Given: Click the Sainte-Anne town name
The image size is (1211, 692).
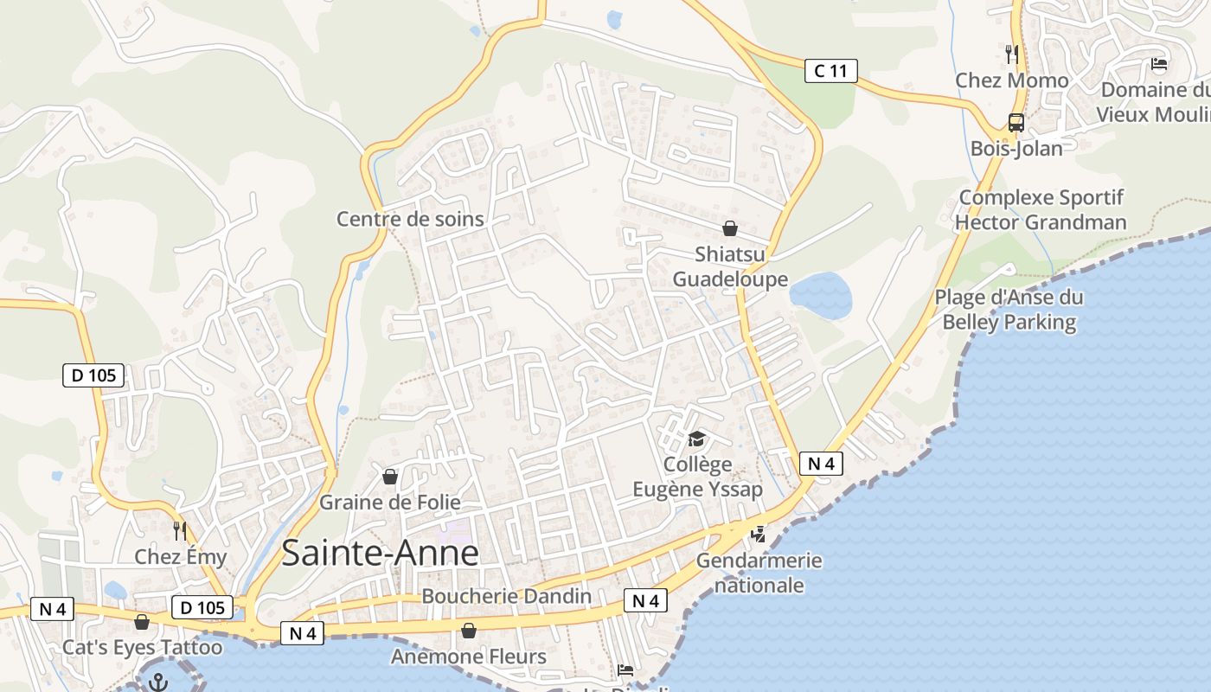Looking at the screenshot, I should [380, 553].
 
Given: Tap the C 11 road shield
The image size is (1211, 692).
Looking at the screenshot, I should [830, 71].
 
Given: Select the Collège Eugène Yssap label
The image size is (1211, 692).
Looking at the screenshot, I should [697, 477].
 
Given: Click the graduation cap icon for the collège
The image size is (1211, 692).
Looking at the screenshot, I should [696, 439].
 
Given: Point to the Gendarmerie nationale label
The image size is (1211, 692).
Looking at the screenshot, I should [759, 573].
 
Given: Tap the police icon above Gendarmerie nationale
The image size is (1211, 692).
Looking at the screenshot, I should [758, 535].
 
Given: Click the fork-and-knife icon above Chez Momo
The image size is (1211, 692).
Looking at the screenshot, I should [1012, 54].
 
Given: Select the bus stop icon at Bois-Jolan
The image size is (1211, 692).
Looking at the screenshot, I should [1016, 123].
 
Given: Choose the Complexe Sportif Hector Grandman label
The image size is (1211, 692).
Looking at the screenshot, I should [1041, 210].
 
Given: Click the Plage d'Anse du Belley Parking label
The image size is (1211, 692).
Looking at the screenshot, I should [1009, 310].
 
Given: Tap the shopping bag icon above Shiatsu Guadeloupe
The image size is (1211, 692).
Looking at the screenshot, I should [730, 228].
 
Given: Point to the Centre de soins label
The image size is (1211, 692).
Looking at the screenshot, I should [410, 219].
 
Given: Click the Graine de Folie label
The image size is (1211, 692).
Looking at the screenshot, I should [390, 502].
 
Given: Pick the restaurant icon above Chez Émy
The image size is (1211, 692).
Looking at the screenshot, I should [180, 530].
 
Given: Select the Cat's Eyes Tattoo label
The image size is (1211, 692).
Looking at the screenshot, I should [142, 647].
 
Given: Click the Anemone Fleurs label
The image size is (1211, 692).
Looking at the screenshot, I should [468, 657].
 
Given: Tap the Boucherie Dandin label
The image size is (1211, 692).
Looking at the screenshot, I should [506, 596].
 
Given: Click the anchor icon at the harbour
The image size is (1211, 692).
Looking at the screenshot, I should [157, 681].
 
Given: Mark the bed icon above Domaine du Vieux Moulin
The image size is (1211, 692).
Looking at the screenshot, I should [1158, 63].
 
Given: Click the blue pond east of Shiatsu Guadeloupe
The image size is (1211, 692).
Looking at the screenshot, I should [821, 295].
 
